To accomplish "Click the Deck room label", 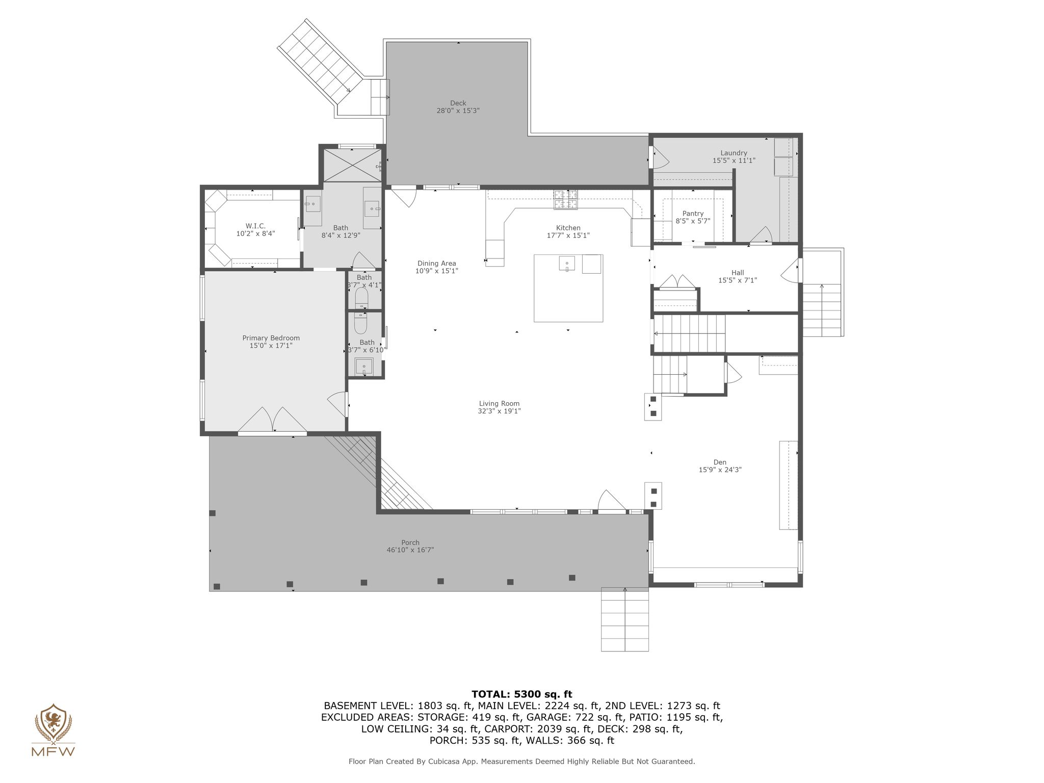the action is point(458,103).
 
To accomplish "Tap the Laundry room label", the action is point(734,153).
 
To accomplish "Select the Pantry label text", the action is point(693,214).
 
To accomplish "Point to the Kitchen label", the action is point(568,228).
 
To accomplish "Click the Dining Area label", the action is point(436,264).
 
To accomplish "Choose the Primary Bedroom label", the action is point(271,338).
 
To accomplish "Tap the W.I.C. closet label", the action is point(255,226).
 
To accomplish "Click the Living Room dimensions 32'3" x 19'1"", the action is point(500,411).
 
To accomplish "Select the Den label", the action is point(720,462).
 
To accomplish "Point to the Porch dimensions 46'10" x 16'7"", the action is point(410,550).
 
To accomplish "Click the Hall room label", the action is point(738,273).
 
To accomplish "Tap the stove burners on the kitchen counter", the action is point(566,199).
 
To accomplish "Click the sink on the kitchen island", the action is point(567,264).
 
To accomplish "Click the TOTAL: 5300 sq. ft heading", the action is point(521,694).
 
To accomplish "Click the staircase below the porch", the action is point(625,619).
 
